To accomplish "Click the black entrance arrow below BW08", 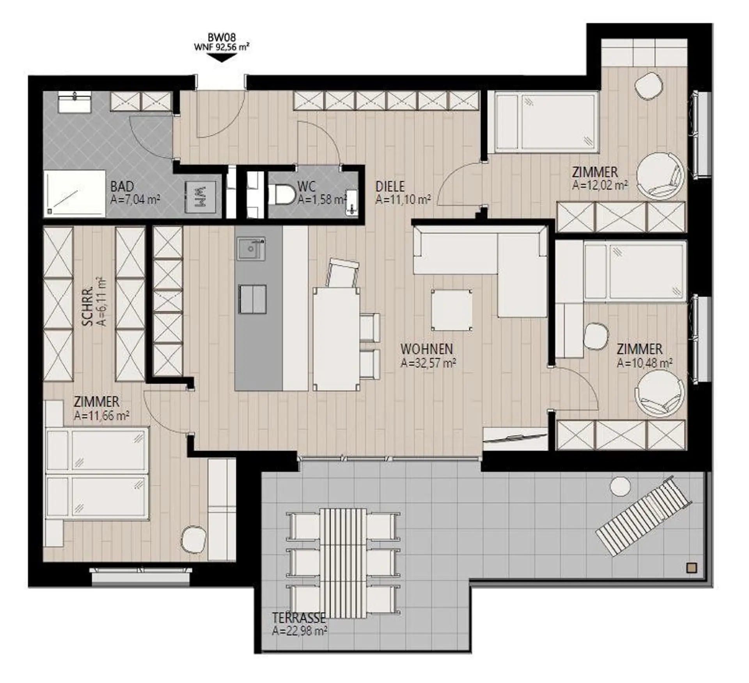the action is coord(222,57).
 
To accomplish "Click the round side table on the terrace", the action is coord(620,487).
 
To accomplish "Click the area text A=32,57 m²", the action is coord(429,363).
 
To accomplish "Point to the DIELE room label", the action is coord(390,187).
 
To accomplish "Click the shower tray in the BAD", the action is coord(75,193).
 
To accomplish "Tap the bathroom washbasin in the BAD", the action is coord(75,102).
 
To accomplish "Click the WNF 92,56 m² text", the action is coord(222,47).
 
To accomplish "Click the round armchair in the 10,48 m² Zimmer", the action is coord(660,394).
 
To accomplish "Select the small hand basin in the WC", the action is coord(352,202).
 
